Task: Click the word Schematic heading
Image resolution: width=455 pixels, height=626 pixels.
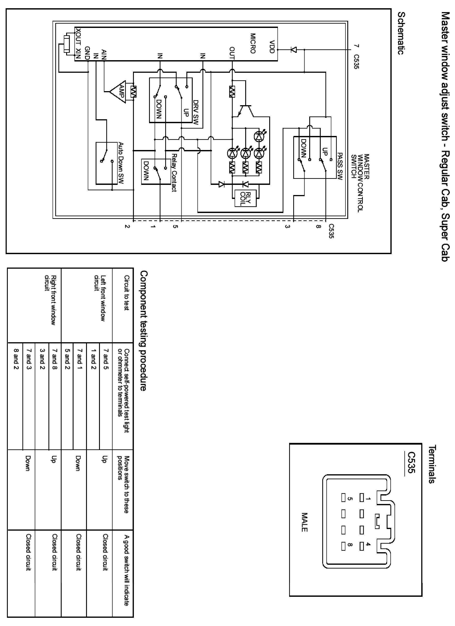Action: [x=401, y=33]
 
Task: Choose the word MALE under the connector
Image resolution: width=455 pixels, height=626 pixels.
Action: [x=304, y=522]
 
